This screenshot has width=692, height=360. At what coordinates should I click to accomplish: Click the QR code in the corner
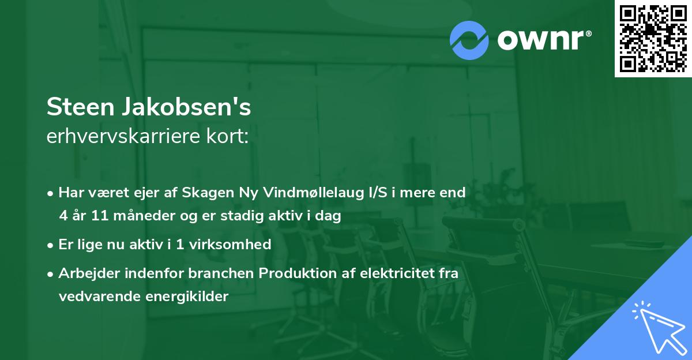(653, 39)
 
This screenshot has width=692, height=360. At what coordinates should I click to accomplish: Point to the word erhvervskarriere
(122, 136)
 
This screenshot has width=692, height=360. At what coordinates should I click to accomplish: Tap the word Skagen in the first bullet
(204, 193)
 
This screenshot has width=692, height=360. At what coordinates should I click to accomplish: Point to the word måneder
(142, 216)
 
